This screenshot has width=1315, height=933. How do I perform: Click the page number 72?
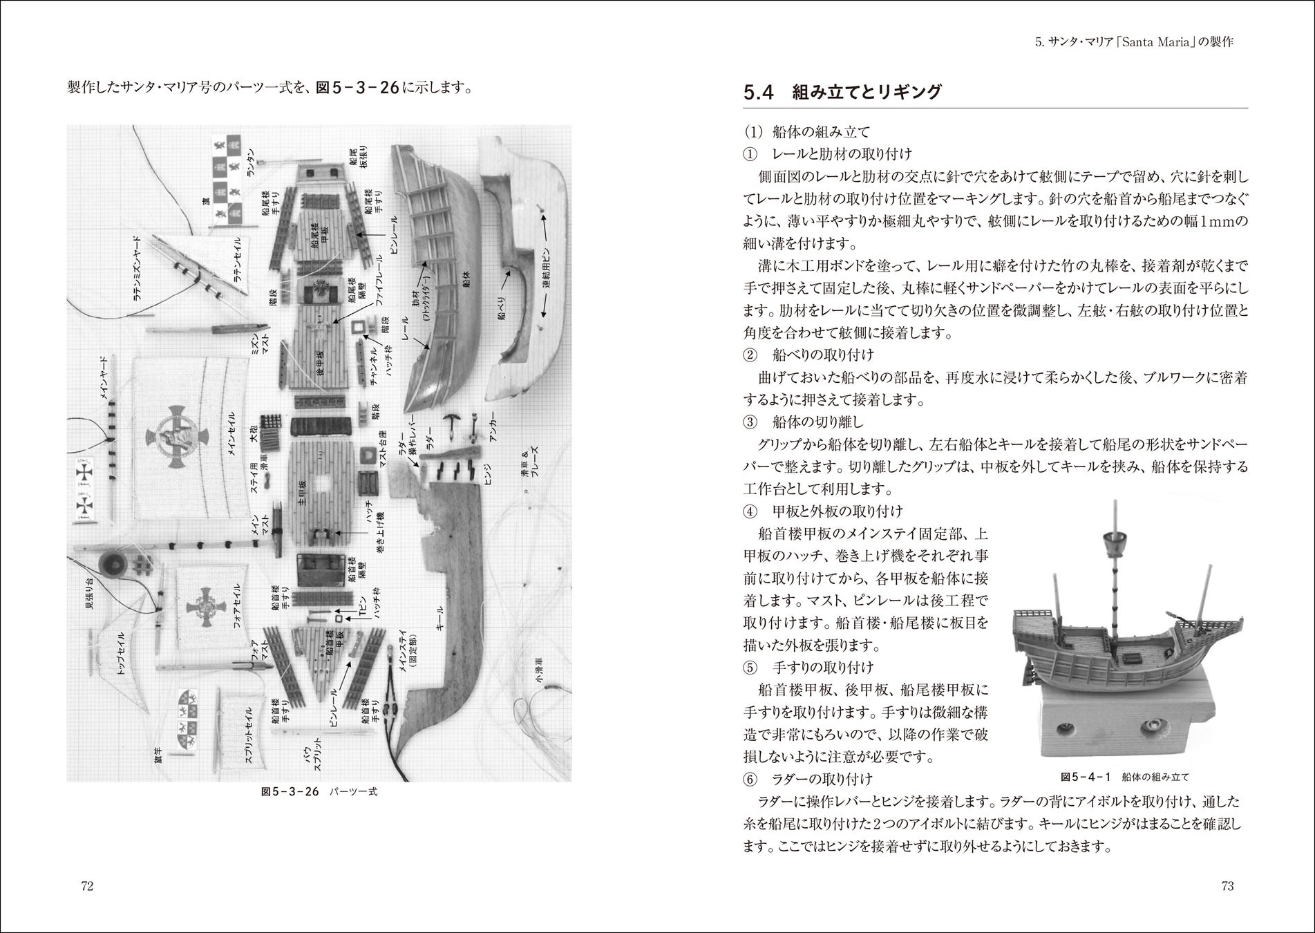tap(86, 887)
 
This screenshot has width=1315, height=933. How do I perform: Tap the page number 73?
tap(1227, 887)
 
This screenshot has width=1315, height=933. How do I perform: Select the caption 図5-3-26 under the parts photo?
tap(290, 792)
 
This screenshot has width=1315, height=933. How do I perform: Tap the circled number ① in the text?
tap(750, 153)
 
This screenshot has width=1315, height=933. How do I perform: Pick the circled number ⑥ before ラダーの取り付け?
tap(750, 780)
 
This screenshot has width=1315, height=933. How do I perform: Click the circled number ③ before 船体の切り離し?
tap(750, 422)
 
